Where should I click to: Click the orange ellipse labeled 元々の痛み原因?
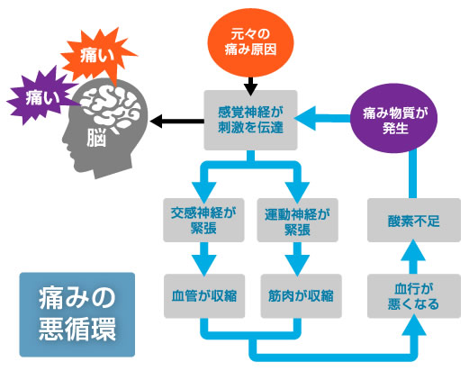[250, 42]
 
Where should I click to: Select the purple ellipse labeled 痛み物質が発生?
[393, 119]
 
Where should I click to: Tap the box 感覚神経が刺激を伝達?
[250, 120]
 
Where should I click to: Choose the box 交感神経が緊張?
[203, 220]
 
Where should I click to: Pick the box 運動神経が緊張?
[297, 220]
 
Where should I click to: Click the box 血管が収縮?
[204, 296]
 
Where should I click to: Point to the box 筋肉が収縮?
[301, 296]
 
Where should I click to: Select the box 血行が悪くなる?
[414, 296]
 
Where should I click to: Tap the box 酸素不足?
[414, 220]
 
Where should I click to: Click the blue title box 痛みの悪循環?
[77, 314]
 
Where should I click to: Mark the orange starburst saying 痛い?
[97, 56]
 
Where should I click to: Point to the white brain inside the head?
[111, 107]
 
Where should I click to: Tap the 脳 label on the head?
[96, 139]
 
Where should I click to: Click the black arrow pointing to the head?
[177, 122]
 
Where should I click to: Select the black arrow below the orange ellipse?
[250, 86]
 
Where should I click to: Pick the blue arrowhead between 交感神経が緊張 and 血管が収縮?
[204, 265]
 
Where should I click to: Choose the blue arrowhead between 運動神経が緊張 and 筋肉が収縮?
[297, 265]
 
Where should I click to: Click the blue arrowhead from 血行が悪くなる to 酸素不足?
[413, 249]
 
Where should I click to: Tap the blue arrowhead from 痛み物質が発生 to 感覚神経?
[306, 118]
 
